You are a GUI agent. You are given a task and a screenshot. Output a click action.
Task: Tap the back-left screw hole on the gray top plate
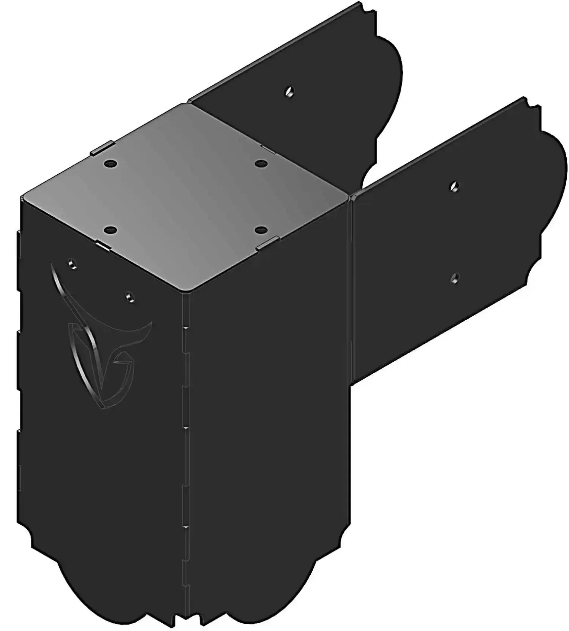click(110, 164)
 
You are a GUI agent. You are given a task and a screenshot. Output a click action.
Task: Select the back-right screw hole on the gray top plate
click(260, 164)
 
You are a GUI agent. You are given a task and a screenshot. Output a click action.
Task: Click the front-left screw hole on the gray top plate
click(110, 230)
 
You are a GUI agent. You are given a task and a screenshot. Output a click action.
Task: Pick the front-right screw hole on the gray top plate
click(260, 230)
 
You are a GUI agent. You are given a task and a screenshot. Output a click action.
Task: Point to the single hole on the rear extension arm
click(290, 92)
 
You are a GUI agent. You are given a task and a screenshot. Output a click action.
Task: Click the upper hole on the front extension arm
click(454, 186)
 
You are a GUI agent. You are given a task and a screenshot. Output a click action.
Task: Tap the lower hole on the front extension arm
click(454, 278)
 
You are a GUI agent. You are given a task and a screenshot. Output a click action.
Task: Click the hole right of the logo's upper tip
click(129, 296)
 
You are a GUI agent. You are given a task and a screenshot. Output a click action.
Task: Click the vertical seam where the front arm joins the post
click(352, 288)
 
